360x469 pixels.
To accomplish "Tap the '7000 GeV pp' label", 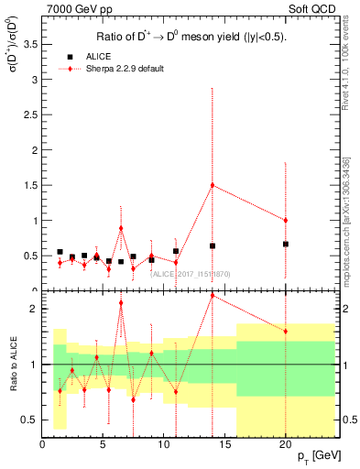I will point(71,11).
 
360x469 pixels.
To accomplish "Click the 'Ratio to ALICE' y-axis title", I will point(12,365).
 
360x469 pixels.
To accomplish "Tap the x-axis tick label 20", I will point(285,444).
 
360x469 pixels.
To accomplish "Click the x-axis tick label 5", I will point(103,444).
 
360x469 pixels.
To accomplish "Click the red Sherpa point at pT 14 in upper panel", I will point(213,185).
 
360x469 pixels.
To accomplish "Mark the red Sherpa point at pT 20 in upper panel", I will point(285,220).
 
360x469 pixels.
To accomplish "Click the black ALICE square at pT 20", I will point(285,244).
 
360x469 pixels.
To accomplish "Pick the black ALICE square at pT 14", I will point(213,245).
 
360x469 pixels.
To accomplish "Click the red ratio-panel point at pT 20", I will point(285,331).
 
